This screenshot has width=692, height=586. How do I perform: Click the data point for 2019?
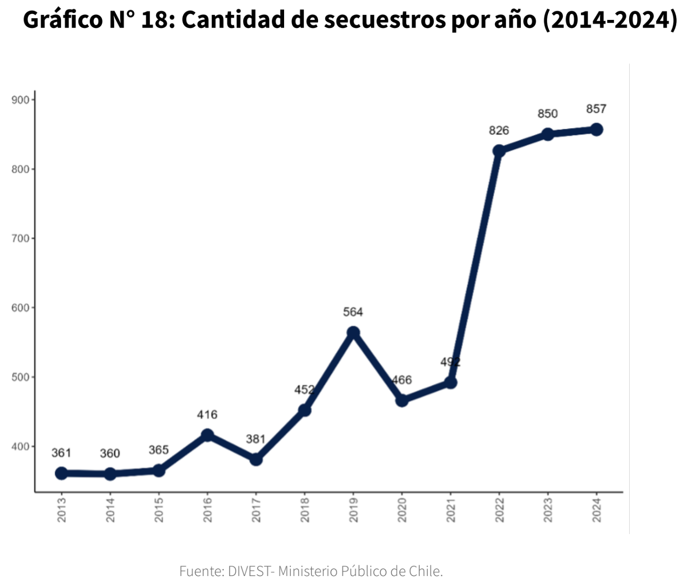(x=353, y=333)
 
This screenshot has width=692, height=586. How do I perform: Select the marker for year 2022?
(x=499, y=151)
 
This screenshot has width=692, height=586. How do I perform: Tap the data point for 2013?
(x=61, y=473)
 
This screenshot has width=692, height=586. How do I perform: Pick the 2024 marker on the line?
(x=596, y=130)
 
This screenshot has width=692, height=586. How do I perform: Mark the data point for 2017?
(x=256, y=459)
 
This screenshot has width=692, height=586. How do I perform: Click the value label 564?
(x=353, y=312)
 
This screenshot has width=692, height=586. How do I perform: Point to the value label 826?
(x=499, y=131)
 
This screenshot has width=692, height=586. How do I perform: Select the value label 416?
(x=207, y=415)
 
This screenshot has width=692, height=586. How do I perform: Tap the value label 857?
(x=596, y=109)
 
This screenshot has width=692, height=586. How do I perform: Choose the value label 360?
(x=110, y=454)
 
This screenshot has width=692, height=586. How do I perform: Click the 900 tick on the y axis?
(x=20, y=100)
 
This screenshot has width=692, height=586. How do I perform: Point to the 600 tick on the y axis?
(x=20, y=307)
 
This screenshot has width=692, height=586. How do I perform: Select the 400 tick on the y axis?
(x=20, y=446)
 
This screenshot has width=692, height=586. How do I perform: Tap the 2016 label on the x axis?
(x=207, y=510)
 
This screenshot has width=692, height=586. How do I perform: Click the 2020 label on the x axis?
(x=402, y=510)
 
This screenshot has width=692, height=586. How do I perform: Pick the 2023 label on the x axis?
(x=548, y=510)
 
